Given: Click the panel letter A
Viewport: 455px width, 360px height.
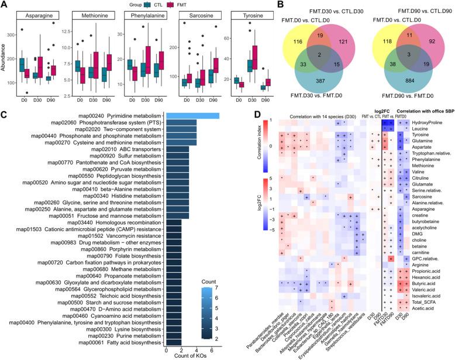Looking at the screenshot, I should point(5,5).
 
